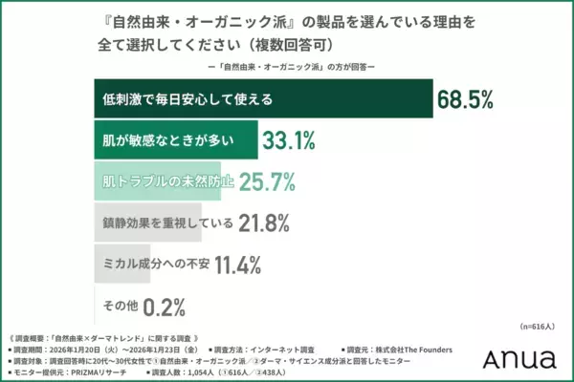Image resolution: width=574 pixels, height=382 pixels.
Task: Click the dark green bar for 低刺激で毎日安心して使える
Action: coord(263,99)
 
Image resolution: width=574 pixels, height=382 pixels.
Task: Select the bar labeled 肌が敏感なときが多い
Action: coord(176,140)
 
